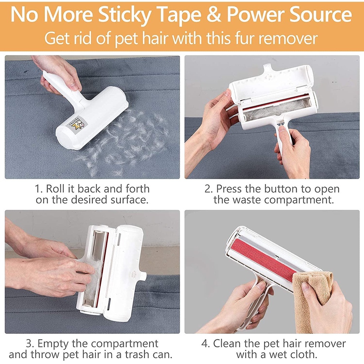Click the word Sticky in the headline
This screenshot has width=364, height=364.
tap(124, 15)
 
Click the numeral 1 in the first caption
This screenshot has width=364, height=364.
tap(38, 189)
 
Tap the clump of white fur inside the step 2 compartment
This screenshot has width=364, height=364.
tap(276, 111)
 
